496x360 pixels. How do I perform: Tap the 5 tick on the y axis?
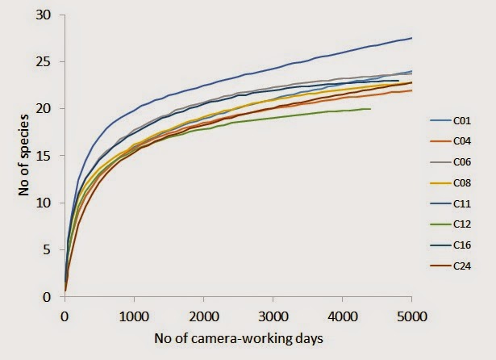(x=52, y=250)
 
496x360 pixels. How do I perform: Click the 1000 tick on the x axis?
(x=134, y=316)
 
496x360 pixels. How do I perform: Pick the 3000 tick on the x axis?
(x=273, y=316)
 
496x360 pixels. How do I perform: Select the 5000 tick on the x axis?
(x=411, y=316)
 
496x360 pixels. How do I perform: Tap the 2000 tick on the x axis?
(x=203, y=316)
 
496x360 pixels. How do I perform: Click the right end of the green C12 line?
(x=369, y=108)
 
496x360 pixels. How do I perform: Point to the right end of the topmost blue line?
(x=411, y=38)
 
